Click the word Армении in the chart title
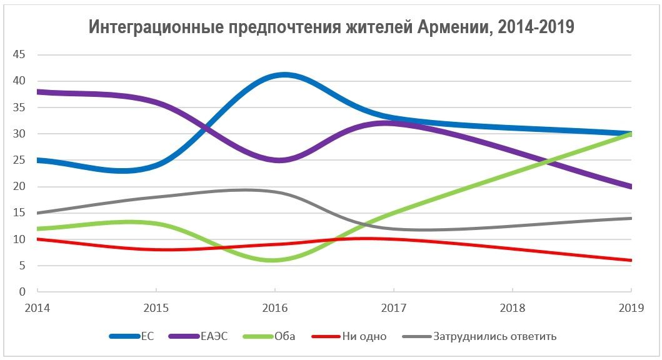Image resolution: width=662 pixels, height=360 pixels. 449,27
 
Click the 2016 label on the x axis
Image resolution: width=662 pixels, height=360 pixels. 274,308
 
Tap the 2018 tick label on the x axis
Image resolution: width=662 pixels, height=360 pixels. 512,308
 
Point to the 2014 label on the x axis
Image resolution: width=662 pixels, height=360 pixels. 38,308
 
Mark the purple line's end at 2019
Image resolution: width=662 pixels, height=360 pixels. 630,186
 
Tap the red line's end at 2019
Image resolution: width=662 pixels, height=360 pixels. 630,260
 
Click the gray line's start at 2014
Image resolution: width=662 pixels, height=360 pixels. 39,213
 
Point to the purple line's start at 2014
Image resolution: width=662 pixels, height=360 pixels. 39,92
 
